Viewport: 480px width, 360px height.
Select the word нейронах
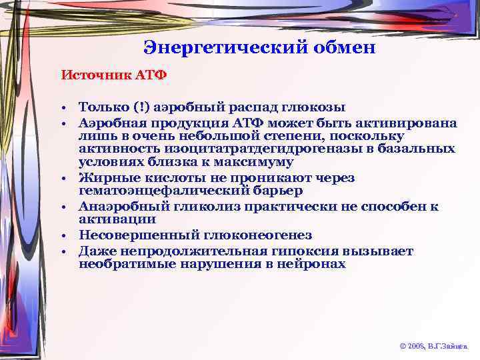click(x=313, y=263)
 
